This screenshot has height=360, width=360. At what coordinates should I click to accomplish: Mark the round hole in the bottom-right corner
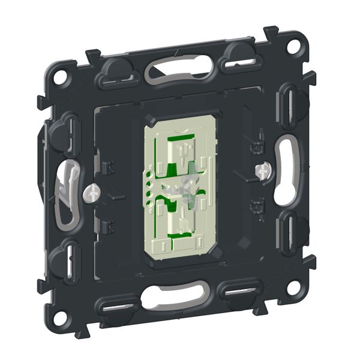tap(293, 286)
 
